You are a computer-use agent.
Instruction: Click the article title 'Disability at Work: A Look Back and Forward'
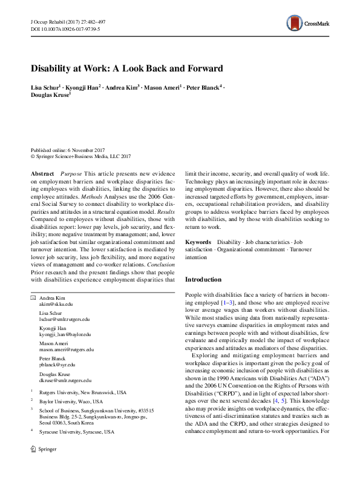(x=127, y=68)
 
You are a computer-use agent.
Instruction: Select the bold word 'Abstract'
(x=42, y=173)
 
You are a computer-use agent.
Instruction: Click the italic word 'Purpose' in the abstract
(x=71, y=173)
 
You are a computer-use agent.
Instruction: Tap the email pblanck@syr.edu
(x=54, y=365)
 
